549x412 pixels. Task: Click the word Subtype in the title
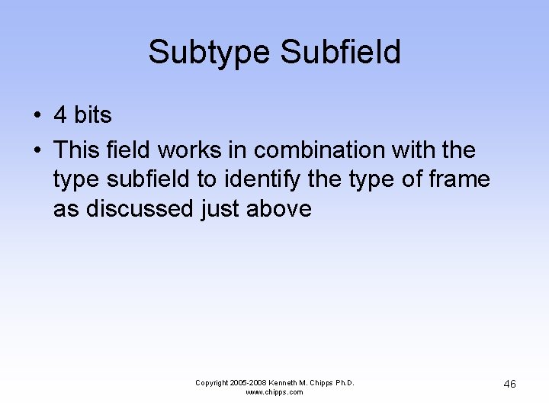pos(210,53)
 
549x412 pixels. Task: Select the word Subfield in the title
pos(341,53)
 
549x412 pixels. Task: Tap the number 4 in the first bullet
pos(60,115)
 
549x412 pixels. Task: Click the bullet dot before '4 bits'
pos(37,116)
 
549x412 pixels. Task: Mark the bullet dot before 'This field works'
pos(37,150)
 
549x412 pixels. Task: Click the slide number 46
pos(509,384)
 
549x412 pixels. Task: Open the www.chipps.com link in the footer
pos(274,392)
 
